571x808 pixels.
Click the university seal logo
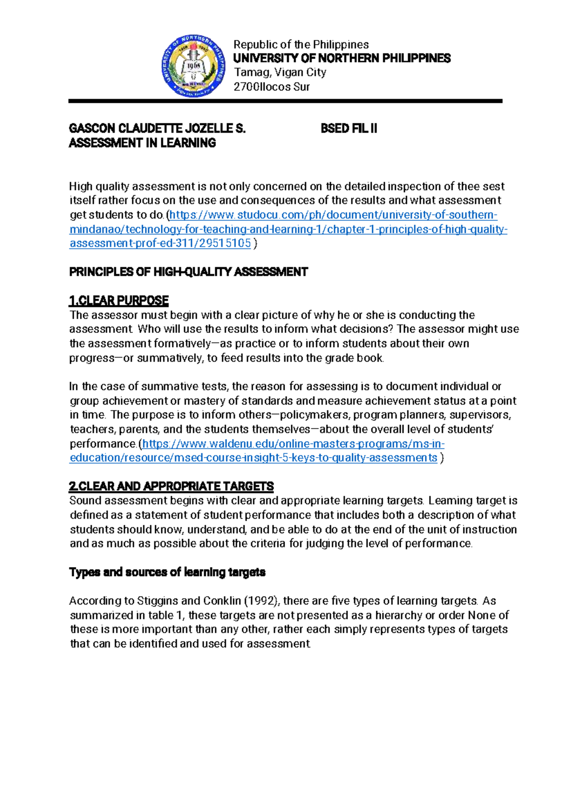pos(193,66)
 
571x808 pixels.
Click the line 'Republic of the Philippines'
pos(301,45)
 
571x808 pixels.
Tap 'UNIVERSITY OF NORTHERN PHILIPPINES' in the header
pos(342,59)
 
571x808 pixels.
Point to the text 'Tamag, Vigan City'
pos(280,72)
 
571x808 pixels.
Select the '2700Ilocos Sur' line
pos(271,87)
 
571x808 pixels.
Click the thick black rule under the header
pos(285,101)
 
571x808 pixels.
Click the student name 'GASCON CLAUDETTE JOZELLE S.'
pos(157,129)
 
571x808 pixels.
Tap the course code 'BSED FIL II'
pos(349,129)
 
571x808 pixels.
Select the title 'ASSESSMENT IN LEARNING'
pos(142,143)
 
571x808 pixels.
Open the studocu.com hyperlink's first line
pos(333,215)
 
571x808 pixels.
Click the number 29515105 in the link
pos(226,244)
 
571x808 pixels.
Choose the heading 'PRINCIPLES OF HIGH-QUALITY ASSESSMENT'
pos(188,272)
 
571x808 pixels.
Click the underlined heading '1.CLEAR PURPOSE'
pos(119,301)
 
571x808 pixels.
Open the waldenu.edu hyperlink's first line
pos(293,444)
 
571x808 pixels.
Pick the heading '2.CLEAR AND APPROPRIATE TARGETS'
pos(171,487)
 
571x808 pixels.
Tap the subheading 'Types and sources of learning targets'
pos(167,572)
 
